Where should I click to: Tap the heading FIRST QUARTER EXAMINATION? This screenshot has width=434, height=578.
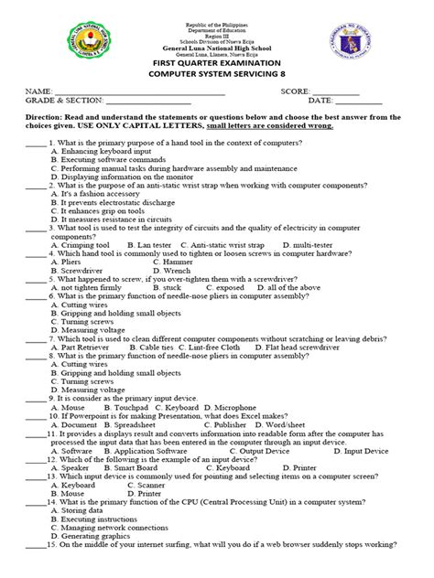(216, 64)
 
